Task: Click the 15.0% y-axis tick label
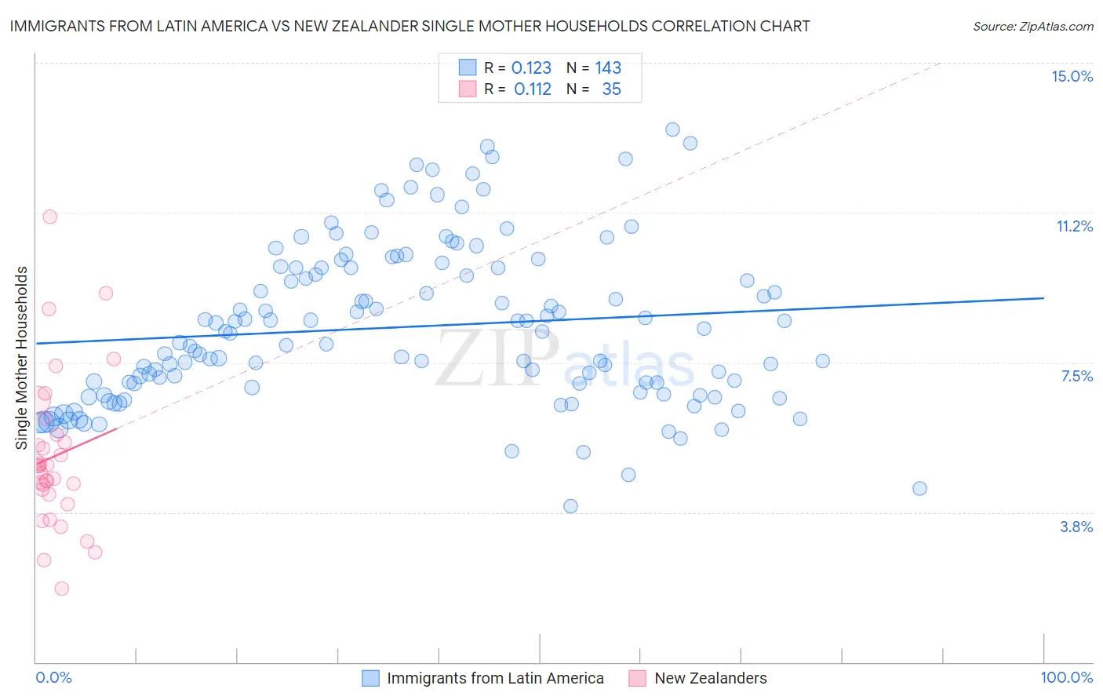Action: point(1072,76)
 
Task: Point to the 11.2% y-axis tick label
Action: point(1074,226)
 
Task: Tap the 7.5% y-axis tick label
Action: point(1076,376)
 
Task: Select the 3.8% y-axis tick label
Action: point(1076,527)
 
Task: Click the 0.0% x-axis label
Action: point(53,677)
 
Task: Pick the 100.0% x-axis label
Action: point(1066,677)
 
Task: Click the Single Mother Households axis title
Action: point(22,358)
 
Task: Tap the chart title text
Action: point(410,26)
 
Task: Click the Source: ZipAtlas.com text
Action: point(1032,26)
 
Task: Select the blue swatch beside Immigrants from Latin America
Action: point(370,678)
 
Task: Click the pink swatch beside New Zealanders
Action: point(637,678)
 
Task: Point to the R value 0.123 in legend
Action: point(531,68)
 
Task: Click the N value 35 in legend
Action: point(611,89)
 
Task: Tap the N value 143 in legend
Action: point(608,68)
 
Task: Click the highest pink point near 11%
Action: point(49,217)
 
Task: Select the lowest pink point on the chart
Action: point(61,589)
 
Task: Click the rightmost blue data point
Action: point(919,488)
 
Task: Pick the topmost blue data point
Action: point(672,129)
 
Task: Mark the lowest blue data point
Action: point(570,506)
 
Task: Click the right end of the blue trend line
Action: point(1043,298)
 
